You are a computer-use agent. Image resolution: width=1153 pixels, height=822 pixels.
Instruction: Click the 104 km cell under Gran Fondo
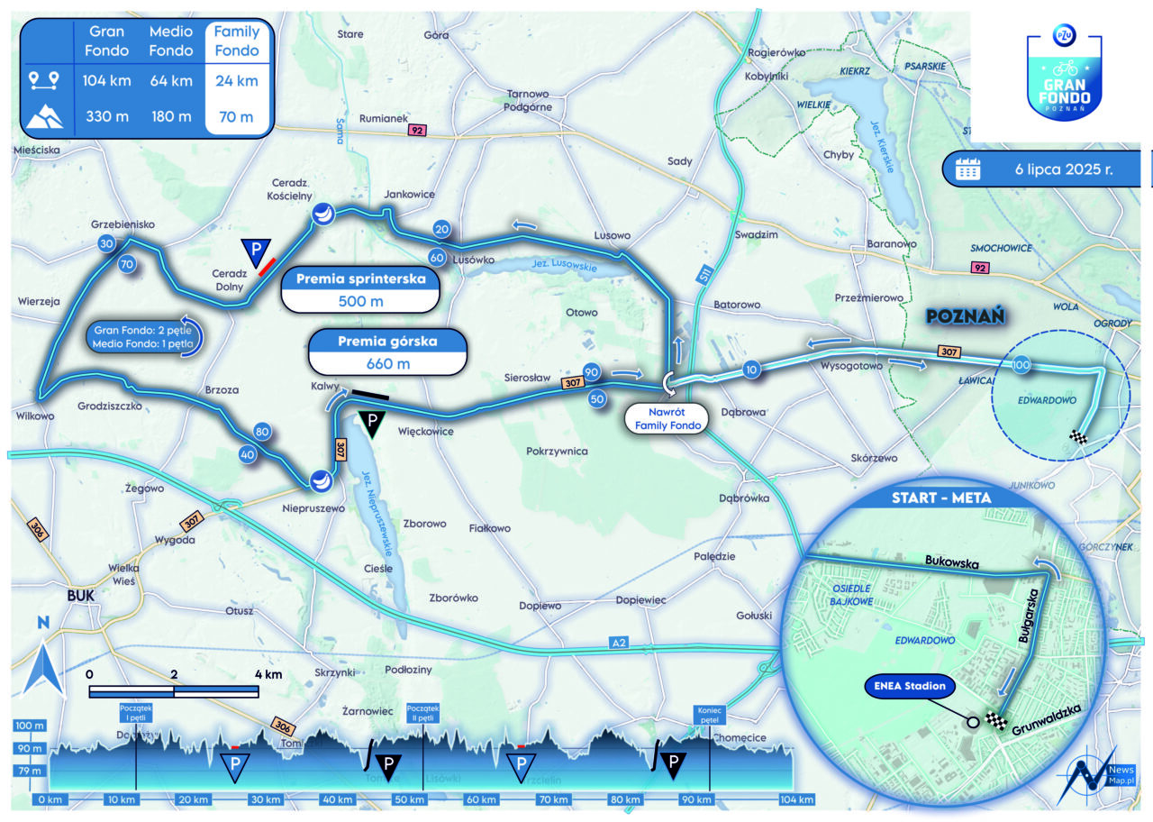tap(107, 81)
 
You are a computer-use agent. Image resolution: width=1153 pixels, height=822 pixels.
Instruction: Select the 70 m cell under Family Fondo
tap(236, 116)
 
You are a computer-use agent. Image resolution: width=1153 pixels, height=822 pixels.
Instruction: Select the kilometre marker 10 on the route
tap(753, 369)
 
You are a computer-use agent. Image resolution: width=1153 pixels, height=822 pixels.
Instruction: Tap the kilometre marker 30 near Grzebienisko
tap(107, 244)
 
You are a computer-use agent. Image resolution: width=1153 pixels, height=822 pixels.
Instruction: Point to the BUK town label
tap(81, 596)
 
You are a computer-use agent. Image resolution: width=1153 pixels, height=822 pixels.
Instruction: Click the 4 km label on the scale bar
tap(268, 673)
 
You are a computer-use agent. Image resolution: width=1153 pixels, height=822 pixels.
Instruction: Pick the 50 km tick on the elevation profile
tap(409, 799)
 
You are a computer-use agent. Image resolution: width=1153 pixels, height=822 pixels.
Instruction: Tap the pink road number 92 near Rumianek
tap(415, 131)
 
